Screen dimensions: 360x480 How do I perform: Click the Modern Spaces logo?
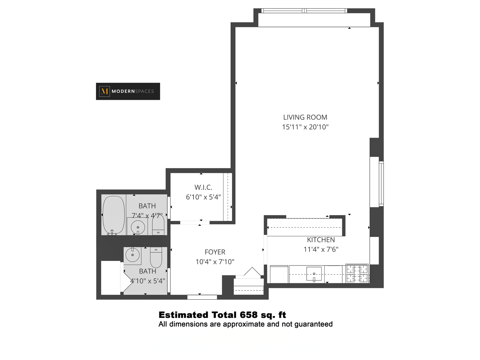(128, 91)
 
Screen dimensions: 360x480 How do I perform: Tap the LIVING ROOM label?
(305, 117)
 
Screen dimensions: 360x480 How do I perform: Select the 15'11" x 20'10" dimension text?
(305, 127)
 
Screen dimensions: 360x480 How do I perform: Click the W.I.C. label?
(203, 187)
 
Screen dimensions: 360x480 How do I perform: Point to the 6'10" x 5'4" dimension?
(203, 197)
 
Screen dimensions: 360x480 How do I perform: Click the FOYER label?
(215, 252)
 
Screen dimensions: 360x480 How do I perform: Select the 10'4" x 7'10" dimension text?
(215, 262)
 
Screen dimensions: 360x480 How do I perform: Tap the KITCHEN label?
(321, 240)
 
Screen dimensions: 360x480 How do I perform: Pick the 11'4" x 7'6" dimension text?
(321, 249)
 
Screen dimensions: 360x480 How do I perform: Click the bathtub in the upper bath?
(113, 215)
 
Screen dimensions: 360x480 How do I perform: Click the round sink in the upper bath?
(138, 227)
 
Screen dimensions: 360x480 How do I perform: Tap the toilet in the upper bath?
(158, 226)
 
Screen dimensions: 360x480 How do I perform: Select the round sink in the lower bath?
(132, 255)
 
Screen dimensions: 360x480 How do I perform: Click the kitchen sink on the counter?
(314, 274)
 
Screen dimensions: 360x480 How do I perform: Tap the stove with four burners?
(357, 273)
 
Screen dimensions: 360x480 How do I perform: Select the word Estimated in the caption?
(183, 315)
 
